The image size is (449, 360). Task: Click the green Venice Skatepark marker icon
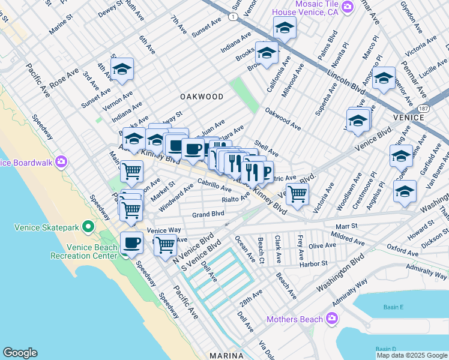coord(88,227)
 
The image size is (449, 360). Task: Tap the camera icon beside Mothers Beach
coord(331,319)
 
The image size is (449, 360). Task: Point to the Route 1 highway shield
coord(232,17)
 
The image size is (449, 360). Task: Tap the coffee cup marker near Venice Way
coord(131,243)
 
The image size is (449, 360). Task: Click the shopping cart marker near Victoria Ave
coord(297,194)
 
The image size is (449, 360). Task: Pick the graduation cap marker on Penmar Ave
coord(384,79)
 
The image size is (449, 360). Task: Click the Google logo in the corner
coord(20,353)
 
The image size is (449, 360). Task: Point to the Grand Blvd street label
coord(208,214)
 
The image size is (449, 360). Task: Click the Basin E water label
coord(393,308)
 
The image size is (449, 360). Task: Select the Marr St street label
coord(346,226)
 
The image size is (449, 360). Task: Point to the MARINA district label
coord(226,356)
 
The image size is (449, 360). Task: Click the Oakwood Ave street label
coord(283,118)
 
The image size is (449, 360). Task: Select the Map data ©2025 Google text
coord(412,355)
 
